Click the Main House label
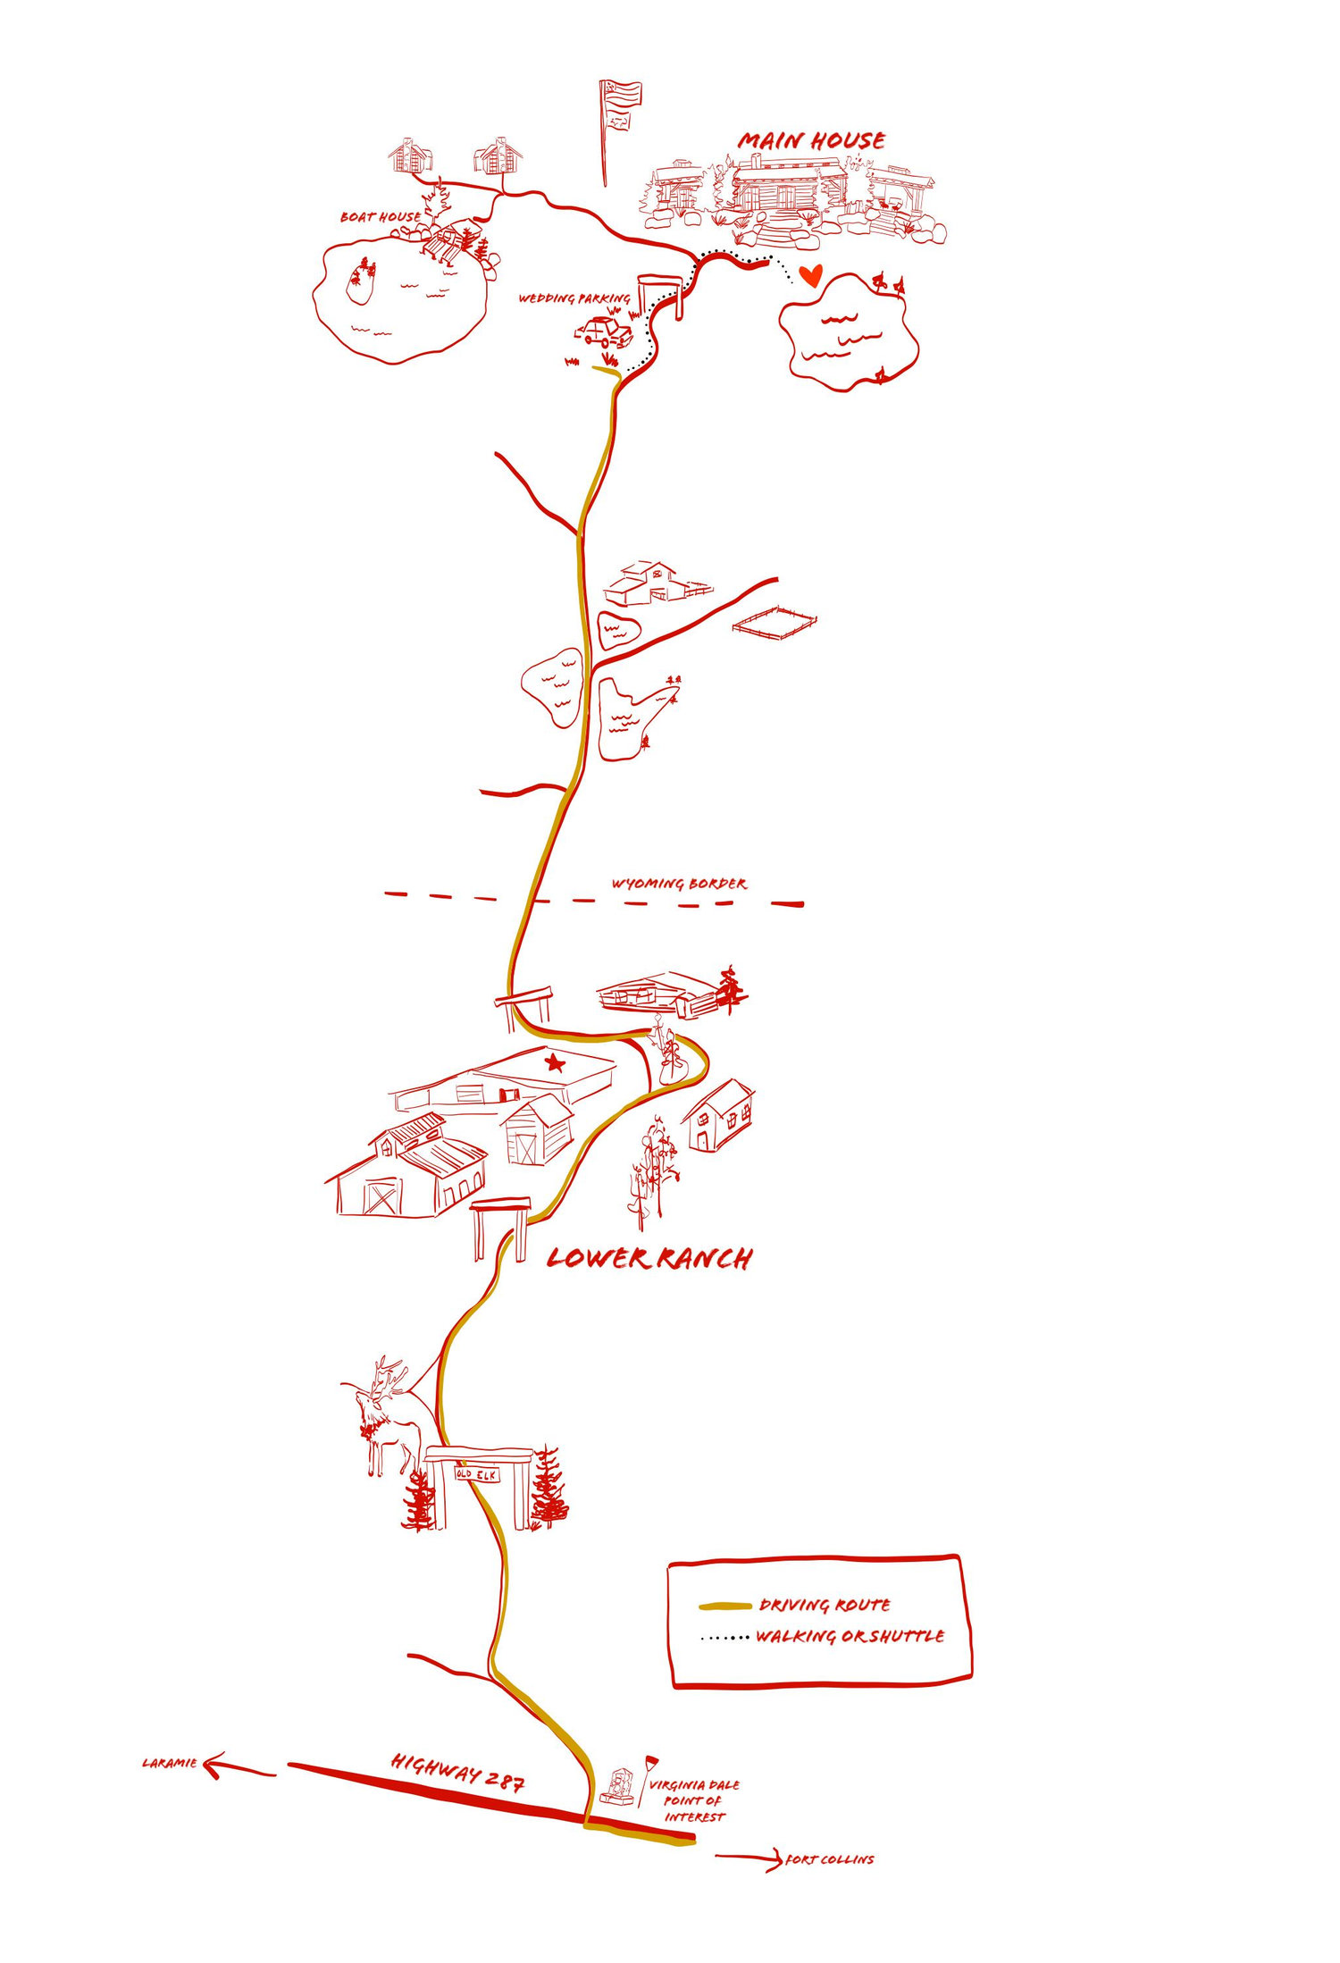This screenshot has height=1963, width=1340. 811,140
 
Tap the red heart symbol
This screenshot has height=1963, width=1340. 810,276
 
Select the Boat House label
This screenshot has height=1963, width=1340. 381,217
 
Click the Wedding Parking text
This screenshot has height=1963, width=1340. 574,298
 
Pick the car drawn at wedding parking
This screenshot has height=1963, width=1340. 604,332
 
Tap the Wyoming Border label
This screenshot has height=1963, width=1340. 679,884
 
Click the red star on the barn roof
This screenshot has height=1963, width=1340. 555,1063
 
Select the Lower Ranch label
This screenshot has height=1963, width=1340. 649,1258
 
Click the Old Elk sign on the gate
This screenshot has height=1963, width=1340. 476,1474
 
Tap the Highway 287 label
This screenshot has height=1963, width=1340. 457,1773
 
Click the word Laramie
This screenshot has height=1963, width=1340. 169,1763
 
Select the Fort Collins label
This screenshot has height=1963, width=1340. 829,1859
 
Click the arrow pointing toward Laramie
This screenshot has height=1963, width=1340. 239,1767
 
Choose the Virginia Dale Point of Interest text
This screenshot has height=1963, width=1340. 694,1800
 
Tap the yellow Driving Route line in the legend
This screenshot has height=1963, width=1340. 724,1606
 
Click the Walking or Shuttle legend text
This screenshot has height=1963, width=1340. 850,1636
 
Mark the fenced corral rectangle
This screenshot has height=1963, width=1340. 775,621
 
